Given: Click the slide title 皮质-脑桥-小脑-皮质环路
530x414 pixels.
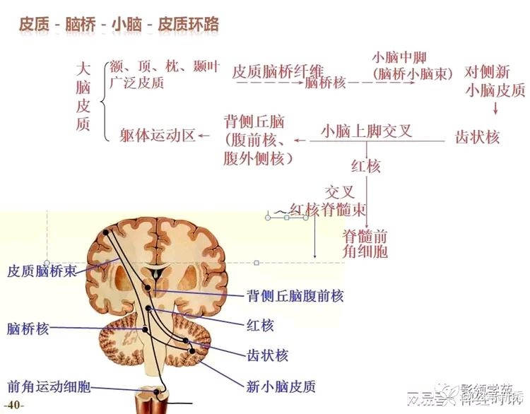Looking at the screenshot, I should pyautogui.click(x=118, y=24).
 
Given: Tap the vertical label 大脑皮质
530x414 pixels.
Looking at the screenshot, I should pyautogui.click(x=83, y=97).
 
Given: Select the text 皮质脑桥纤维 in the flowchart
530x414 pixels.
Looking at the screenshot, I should pyautogui.click(x=278, y=71).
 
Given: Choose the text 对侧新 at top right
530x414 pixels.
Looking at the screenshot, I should pyautogui.click(x=488, y=72).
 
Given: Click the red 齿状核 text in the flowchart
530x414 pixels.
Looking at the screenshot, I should pyautogui.click(x=477, y=136).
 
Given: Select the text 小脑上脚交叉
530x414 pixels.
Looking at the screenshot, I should pyautogui.click(x=366, y=131).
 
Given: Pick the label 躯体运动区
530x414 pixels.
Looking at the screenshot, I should pyautogui.click(x=157, y=135).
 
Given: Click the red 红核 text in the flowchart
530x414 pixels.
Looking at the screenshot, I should pyautogui.click(x=365, y=167).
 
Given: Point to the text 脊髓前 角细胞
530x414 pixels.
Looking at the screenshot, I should pyautogui.click(x=365, y=243).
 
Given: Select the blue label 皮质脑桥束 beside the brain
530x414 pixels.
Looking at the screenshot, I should pyautogui.click(x=42, y=271).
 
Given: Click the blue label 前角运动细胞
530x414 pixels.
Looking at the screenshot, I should pyautogui.click(x=49, y=386).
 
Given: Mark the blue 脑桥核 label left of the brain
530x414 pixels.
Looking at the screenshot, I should pyautogui.click(x=28, y=328).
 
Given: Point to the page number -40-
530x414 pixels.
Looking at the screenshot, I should pyautogui.click(x=15, y=405).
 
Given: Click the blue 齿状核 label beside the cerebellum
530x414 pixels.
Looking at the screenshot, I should pyautogui.click(x=267, y=355).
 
